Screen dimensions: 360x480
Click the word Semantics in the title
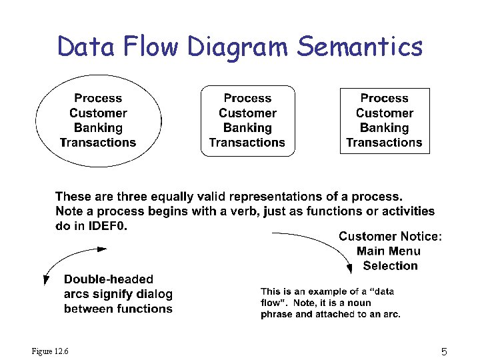[x=360, y=47]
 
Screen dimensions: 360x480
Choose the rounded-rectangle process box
[x=247, y=121]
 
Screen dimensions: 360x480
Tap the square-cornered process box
[x=384, y=121]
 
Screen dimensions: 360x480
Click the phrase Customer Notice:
[x=390, y=236]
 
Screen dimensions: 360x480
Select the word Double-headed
[x=109, y=279]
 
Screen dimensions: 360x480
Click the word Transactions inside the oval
[x=98, y=142]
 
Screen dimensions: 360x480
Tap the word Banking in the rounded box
[x=247, y=127]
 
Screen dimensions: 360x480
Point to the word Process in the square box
[x=384, y=98]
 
